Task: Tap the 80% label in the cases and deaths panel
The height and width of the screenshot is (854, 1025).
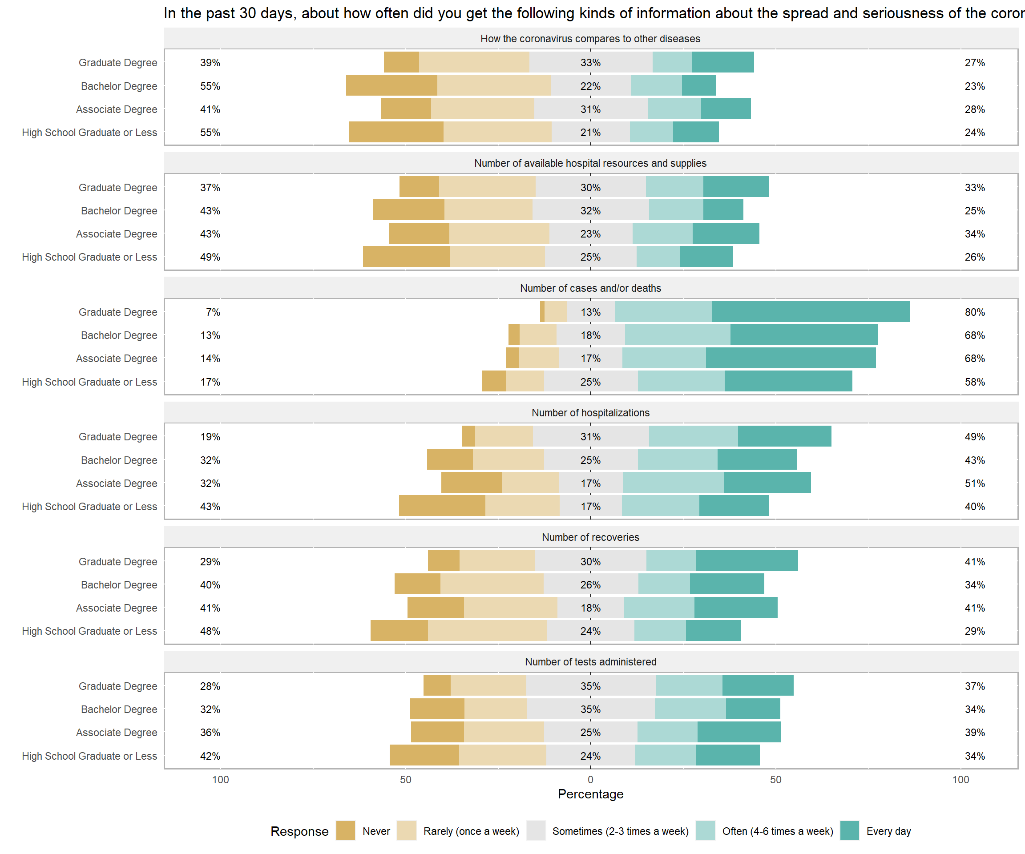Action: (974, 312)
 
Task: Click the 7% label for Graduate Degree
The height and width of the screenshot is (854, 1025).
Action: (213, 312)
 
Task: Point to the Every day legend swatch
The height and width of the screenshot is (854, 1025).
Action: (849, 831)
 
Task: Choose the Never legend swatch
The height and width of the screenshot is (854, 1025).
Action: (346, 831)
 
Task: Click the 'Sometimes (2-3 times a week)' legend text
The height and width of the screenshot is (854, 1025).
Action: (620, 831)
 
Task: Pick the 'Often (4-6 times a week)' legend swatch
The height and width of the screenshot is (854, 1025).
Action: (705, 831)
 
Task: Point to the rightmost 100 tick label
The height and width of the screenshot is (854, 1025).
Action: (960, 780)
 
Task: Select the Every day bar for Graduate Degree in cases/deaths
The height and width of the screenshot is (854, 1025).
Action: (811, 312)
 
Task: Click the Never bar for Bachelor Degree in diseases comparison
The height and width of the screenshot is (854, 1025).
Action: (391, 85)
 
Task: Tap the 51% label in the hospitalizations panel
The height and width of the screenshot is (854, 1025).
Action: (974, 483)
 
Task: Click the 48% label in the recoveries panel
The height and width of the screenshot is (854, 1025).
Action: (210, 632)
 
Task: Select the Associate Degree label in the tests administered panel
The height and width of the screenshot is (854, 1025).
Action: (116, 733)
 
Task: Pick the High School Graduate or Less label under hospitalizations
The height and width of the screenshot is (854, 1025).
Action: (89, 507)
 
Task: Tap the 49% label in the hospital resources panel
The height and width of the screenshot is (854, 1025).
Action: (210, 257)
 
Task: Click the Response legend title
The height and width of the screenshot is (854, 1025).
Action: (299, 832)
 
